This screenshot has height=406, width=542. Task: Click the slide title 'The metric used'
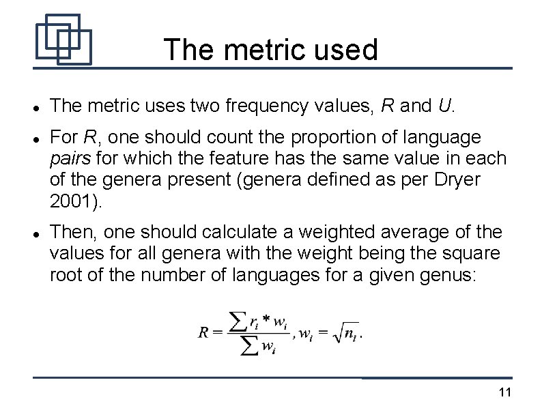pyautogui.click(x=270, y=50)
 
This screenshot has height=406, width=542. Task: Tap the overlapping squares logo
pyautogui.click(x=63, y=39)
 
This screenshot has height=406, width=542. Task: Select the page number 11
pyautogui.click(x=506, y=392)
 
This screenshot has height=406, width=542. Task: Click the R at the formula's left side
pyautogui.click(x=203, y=333)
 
